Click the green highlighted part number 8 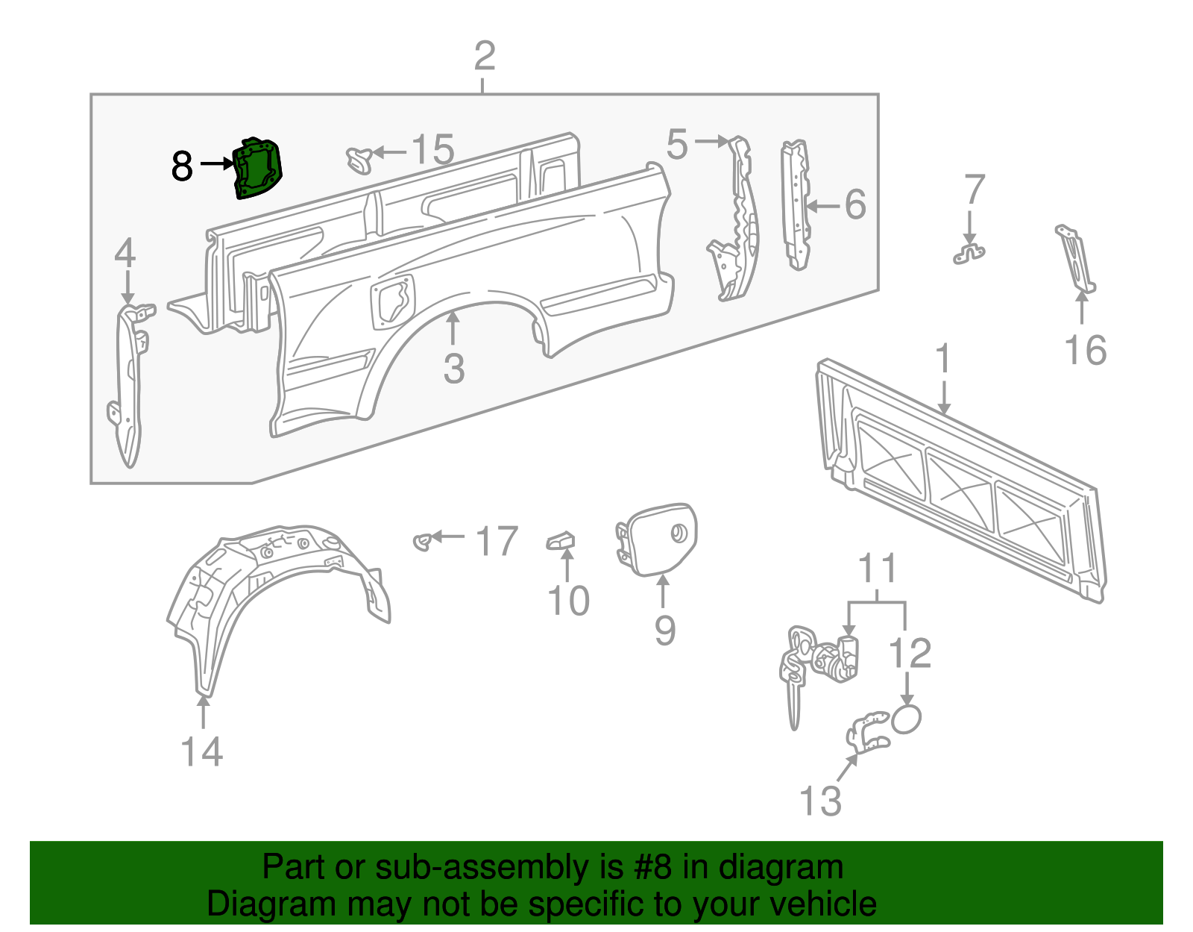pos(258,169)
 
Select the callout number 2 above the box pos(485,57)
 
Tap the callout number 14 pos(202,751)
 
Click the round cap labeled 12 pos(907,719)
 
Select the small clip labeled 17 pos(423,541)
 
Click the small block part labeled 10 pos(561,540)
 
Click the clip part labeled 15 pos(359,159)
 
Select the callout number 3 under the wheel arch pos(453,369)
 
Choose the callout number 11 pos(877,569)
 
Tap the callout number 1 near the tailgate pos(944,359)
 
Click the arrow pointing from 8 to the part pos(216,164)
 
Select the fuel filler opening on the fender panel pos(392,299)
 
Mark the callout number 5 pos(677,144)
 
